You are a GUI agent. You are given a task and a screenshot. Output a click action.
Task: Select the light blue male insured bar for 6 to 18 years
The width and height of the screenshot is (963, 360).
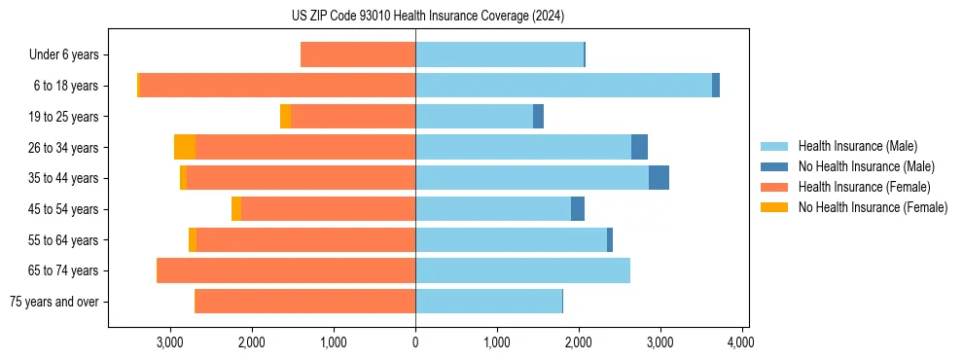tap(563, 86)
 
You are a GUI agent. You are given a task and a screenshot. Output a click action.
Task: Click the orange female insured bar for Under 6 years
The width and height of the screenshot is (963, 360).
tap(358, 54)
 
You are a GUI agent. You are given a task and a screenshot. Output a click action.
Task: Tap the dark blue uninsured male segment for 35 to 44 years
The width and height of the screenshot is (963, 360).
tap(659, 178)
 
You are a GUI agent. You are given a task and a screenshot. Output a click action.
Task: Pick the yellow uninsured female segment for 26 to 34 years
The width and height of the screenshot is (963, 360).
tap(185, 147)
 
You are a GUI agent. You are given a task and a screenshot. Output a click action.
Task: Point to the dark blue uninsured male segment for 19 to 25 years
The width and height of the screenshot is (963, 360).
tap(538, 117)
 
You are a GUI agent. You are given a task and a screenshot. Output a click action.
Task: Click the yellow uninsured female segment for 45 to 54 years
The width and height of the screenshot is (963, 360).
tap(236, 209)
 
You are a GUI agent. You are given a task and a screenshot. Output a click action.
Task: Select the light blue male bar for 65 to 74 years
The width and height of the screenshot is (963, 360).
tap(522, 270)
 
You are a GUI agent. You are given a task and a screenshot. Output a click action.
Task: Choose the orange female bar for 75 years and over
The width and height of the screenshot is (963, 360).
tap(305, 302)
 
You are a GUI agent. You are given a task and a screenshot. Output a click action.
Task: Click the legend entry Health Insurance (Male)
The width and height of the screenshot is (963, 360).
tap(857, 146)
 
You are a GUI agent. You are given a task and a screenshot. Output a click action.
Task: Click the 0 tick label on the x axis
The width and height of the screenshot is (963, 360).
tap(415, 342)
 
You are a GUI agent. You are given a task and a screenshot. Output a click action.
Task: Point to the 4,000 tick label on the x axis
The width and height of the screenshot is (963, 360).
tap(742, 342)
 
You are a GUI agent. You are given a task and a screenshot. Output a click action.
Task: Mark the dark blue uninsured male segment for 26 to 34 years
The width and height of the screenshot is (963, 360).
tap(639, 147)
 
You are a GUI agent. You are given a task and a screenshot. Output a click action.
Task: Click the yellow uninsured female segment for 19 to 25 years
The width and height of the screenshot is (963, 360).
tap(285, 117)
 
